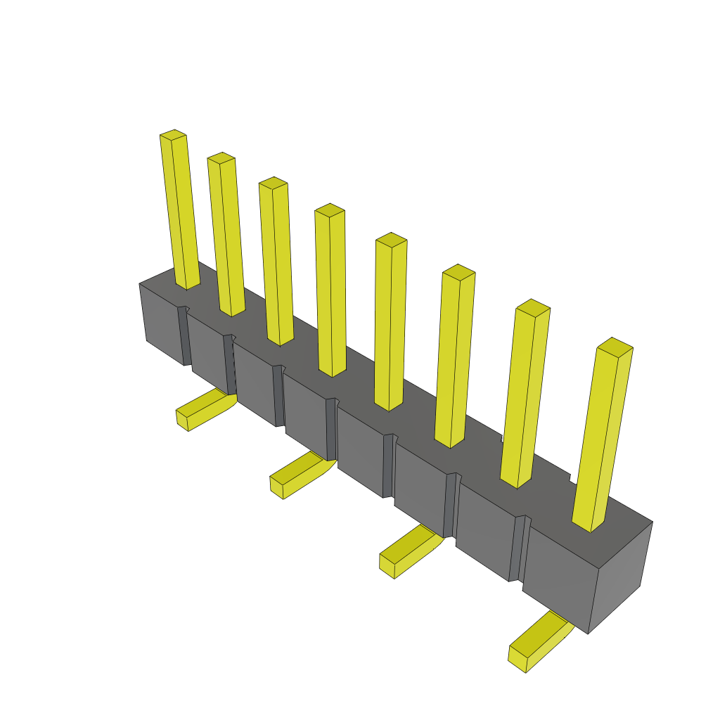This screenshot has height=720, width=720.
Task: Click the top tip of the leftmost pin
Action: click(x=173, y=134)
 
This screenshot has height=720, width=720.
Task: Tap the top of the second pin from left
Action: click(x=221, y=157)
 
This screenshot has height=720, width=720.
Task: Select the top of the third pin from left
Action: click(x=273, y=183)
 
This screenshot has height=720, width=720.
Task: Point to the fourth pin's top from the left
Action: click(x=329, y=210)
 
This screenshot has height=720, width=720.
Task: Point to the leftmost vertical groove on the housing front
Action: click(x=184, y=336)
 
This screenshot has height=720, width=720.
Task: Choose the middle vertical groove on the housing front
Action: click(x=331, y=429)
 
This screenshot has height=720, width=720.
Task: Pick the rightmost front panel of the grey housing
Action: click(x=559, y=577)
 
